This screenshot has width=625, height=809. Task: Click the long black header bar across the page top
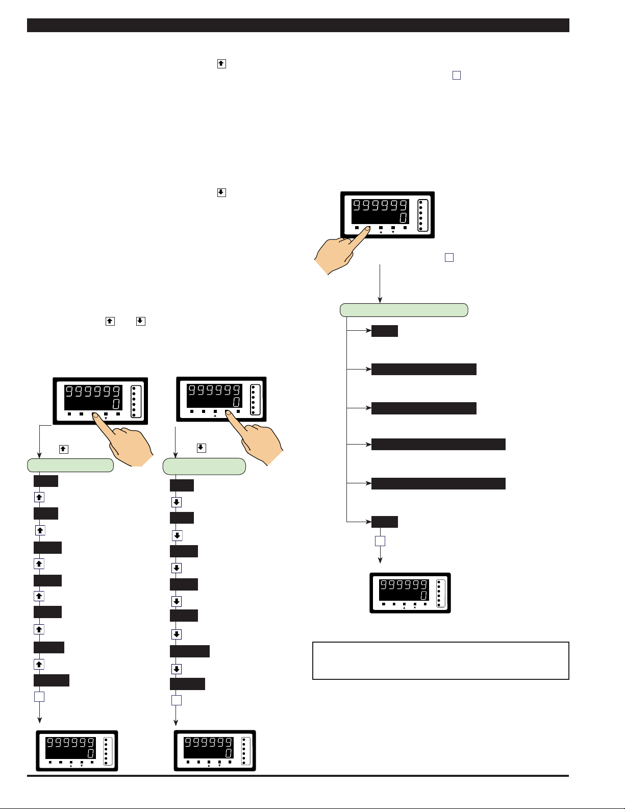[298, 26]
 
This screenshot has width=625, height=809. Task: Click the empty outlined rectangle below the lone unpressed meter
[440, 660]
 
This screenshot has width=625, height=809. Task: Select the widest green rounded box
[404, 310]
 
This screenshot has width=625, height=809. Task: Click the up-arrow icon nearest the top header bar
[221, 64]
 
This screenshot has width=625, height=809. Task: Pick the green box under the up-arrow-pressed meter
[70, 465]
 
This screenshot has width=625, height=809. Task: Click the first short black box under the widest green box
[384, 331]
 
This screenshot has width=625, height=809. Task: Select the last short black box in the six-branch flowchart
[384, 522]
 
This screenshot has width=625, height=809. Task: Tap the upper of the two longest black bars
[438, 444]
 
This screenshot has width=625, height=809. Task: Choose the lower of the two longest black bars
[438, 483]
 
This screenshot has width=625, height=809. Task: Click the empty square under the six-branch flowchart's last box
[380, 541]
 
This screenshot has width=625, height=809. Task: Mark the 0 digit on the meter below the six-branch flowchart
[423, 596]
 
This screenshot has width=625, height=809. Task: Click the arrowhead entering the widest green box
[380, 300]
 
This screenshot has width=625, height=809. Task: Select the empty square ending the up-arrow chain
[39, 697]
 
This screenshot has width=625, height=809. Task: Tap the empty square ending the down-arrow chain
[176, 700]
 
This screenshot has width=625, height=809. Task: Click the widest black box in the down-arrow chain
[189, 651]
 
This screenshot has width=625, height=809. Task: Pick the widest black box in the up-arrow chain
[51, 680]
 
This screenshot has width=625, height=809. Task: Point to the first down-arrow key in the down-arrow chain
[176, 502]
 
